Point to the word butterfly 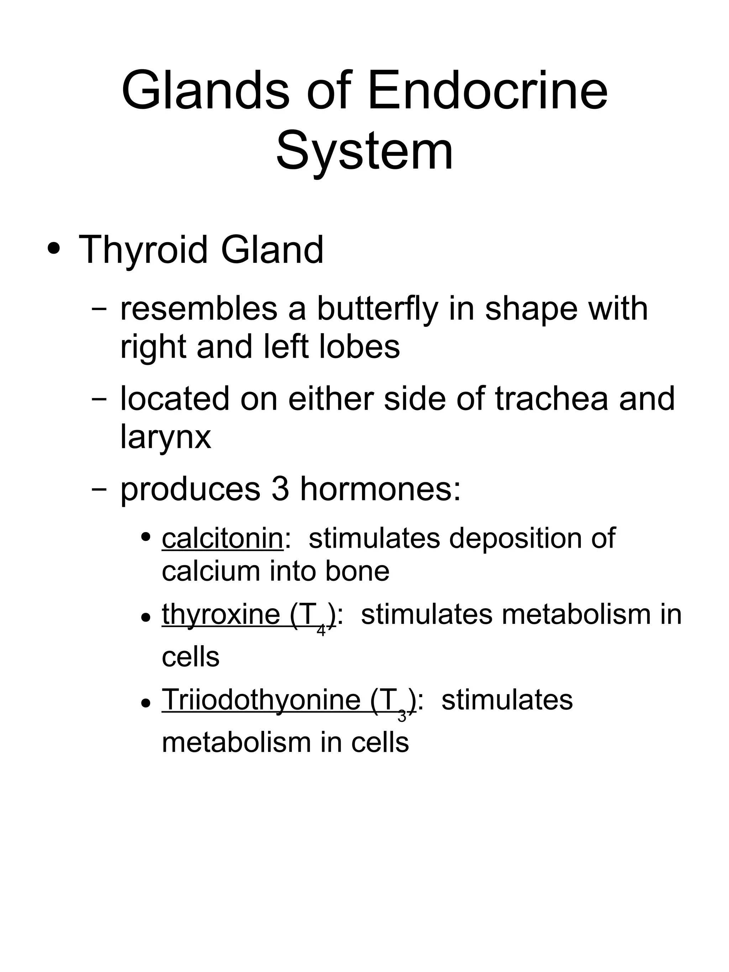(x=377, y=310)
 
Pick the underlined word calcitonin (x=222, y=538)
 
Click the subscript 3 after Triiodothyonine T (x=402, y=716)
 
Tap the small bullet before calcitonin (x=146, y=537)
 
